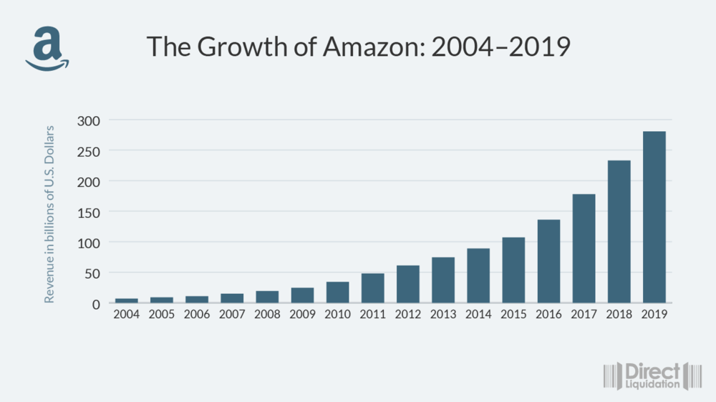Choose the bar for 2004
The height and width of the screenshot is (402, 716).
click(126, 300)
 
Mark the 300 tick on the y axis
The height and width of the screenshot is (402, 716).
click(89, 120)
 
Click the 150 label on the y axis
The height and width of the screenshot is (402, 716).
click(89, 212)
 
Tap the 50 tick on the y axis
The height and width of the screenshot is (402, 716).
click(93, 273)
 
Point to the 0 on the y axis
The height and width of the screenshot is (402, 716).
click(97, 304)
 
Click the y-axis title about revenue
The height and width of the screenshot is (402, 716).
click(49, 214)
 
